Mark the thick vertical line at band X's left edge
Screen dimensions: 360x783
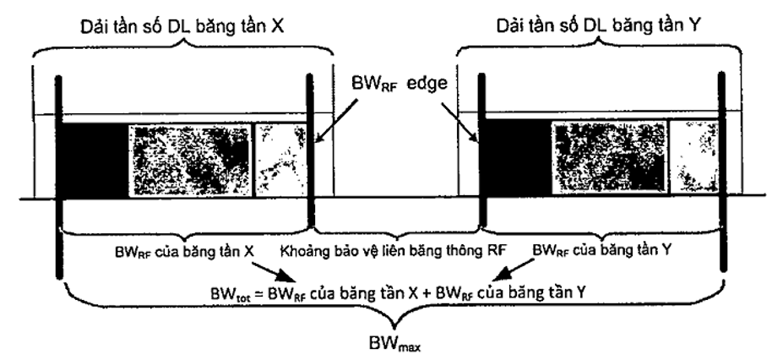tap(58, 177)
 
